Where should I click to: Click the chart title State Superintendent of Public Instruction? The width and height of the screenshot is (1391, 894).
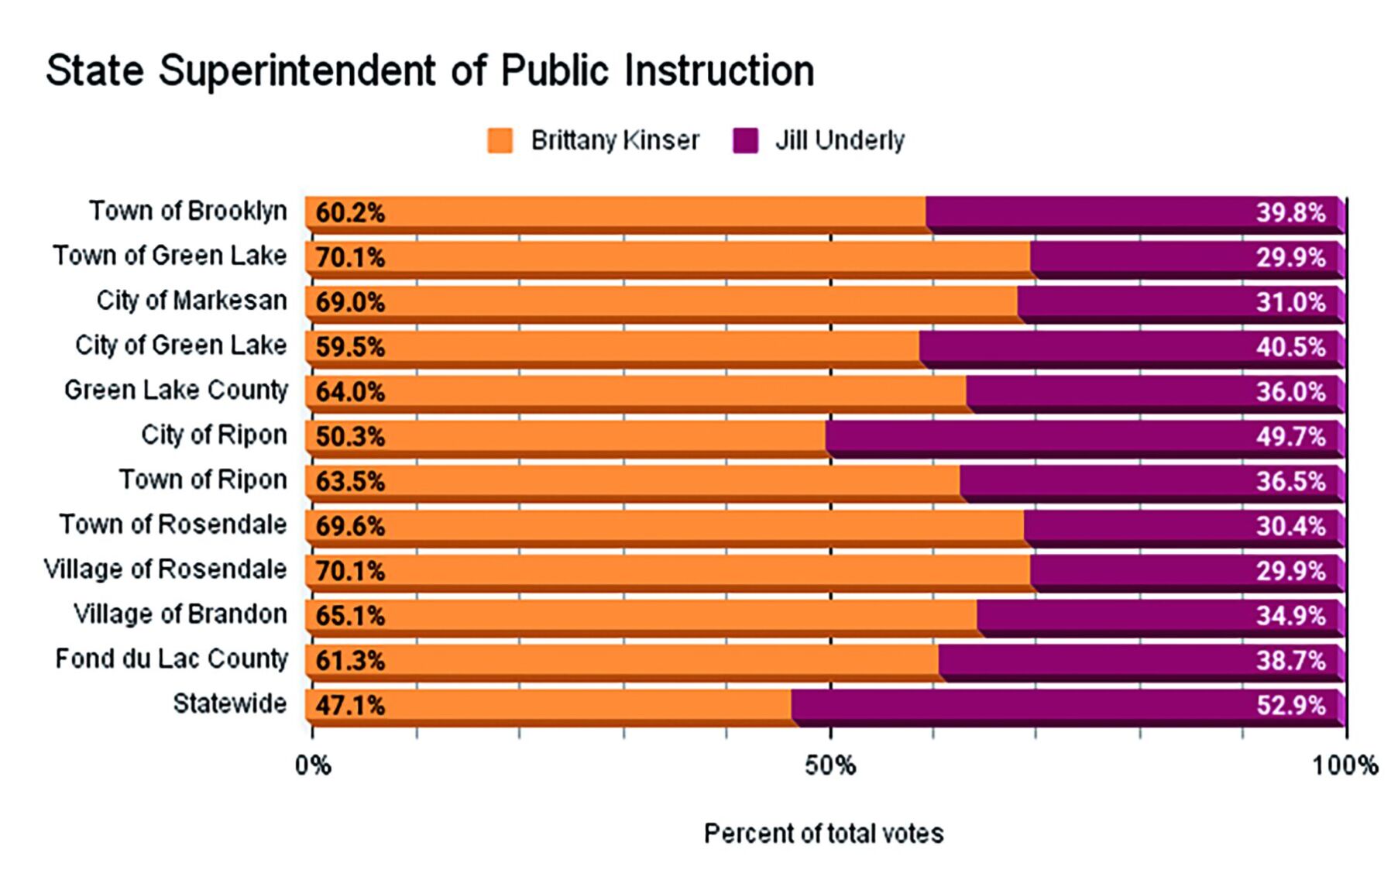(x=430, y=70)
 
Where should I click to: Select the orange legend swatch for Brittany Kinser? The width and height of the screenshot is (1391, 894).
(x=500, y=141)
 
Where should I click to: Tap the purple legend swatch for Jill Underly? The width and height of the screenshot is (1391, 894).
(x=745, y=141)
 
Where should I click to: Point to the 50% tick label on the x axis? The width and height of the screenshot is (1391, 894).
(x=829, y=766)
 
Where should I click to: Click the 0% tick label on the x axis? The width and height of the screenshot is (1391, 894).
(x=312, y=766)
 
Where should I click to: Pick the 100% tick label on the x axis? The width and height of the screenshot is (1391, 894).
(x=1345, y=766)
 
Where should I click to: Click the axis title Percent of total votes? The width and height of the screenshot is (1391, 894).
(x=823, y=834)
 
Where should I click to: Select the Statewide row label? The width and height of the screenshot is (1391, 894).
(x=229, y=704)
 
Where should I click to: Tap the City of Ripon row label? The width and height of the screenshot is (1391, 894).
(x=214, y=435)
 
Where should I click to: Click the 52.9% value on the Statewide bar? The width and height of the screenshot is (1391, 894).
(x=1290, y=705)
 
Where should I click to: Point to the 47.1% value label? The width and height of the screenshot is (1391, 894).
(x=350, y=705)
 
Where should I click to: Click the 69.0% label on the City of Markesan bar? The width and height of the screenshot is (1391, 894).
(x=350, y=302)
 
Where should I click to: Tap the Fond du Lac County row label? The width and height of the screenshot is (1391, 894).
(x=171, y=659)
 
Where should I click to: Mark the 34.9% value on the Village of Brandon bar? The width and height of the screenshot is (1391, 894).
(x=1290, y=616)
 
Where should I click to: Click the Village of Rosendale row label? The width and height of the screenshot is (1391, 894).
(x=165, y=569)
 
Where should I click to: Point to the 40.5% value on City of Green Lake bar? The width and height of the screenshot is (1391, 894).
(x=1290, y=346)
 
